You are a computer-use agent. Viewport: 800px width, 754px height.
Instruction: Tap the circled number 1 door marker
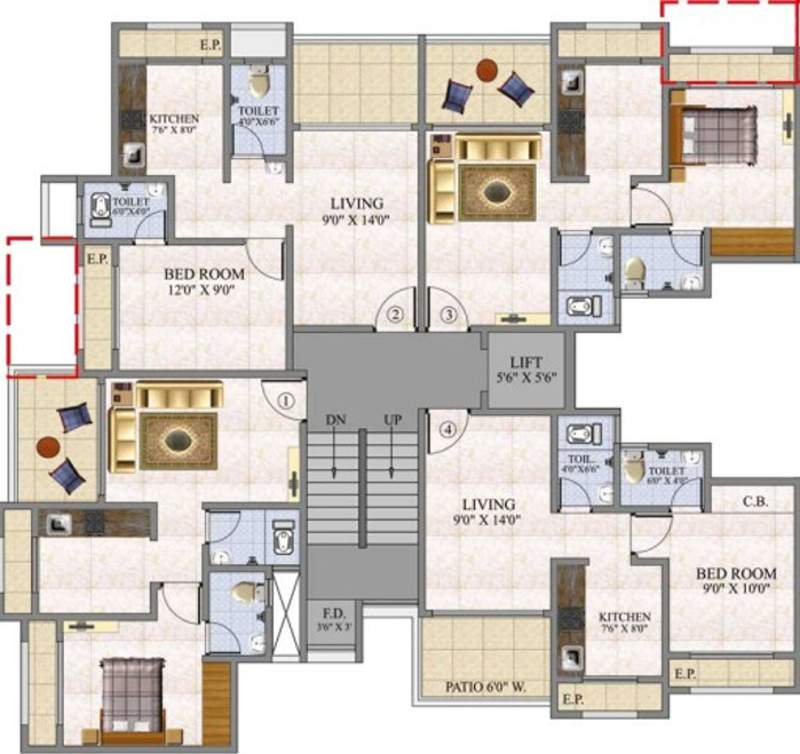286,403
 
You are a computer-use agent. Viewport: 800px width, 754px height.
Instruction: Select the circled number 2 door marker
396,317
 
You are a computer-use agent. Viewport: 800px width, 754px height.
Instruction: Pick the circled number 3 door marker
449,317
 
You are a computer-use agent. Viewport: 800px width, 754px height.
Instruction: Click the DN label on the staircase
336,421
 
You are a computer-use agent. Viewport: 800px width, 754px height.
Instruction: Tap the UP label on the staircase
392,421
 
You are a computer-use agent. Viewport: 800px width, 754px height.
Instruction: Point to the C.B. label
755,502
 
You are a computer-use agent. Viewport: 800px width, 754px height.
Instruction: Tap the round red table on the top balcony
487,70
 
